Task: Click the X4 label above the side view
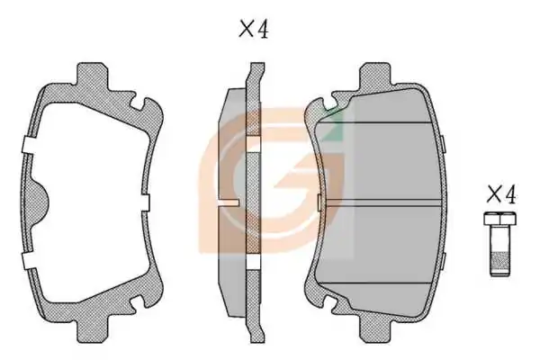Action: (x=254, y=29)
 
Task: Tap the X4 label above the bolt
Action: (x=501, y=194)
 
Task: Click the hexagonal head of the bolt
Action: (x=499, y=219)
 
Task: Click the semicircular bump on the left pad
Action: (x=40, y=202)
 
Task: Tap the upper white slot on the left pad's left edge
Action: (x=29, y=145)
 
